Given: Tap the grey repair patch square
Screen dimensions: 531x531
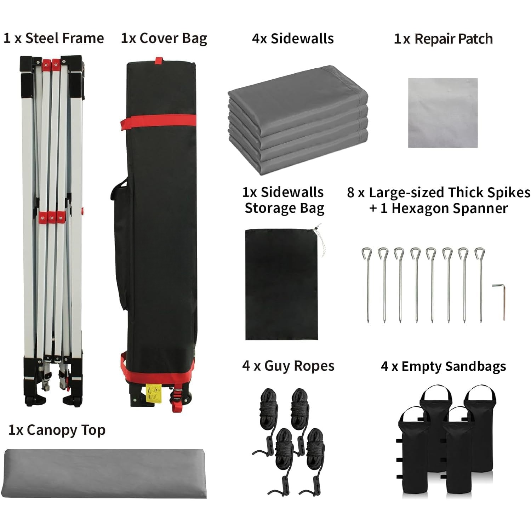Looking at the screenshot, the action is tap(443, 113).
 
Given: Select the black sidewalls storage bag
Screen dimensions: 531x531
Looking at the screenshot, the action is tap(281, 285).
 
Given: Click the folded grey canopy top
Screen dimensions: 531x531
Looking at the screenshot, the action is tap(105, 473).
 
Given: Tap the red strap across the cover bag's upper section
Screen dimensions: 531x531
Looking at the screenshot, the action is tap(158, 122).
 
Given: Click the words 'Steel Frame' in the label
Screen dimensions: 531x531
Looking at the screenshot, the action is tap(64, 38).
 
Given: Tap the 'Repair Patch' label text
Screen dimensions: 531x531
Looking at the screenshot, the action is tap(453, 39).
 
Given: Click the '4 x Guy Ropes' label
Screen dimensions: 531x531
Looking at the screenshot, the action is tap(288, 366).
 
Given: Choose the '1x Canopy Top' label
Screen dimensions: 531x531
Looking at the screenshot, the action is tap(57, 430).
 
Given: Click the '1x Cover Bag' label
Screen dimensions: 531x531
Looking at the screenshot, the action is tap(164, 38).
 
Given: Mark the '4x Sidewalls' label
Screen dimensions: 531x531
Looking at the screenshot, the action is tap(293, 38).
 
